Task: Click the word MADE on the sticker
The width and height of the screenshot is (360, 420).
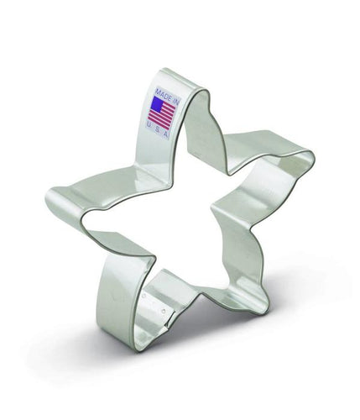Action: click(163, 94)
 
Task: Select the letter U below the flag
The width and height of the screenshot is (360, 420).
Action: click(150, 124)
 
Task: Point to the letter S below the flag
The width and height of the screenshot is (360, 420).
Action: click(159, 129)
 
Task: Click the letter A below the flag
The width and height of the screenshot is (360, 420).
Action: click(166, 134)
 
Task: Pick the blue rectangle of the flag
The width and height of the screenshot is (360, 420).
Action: click(157, 104)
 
